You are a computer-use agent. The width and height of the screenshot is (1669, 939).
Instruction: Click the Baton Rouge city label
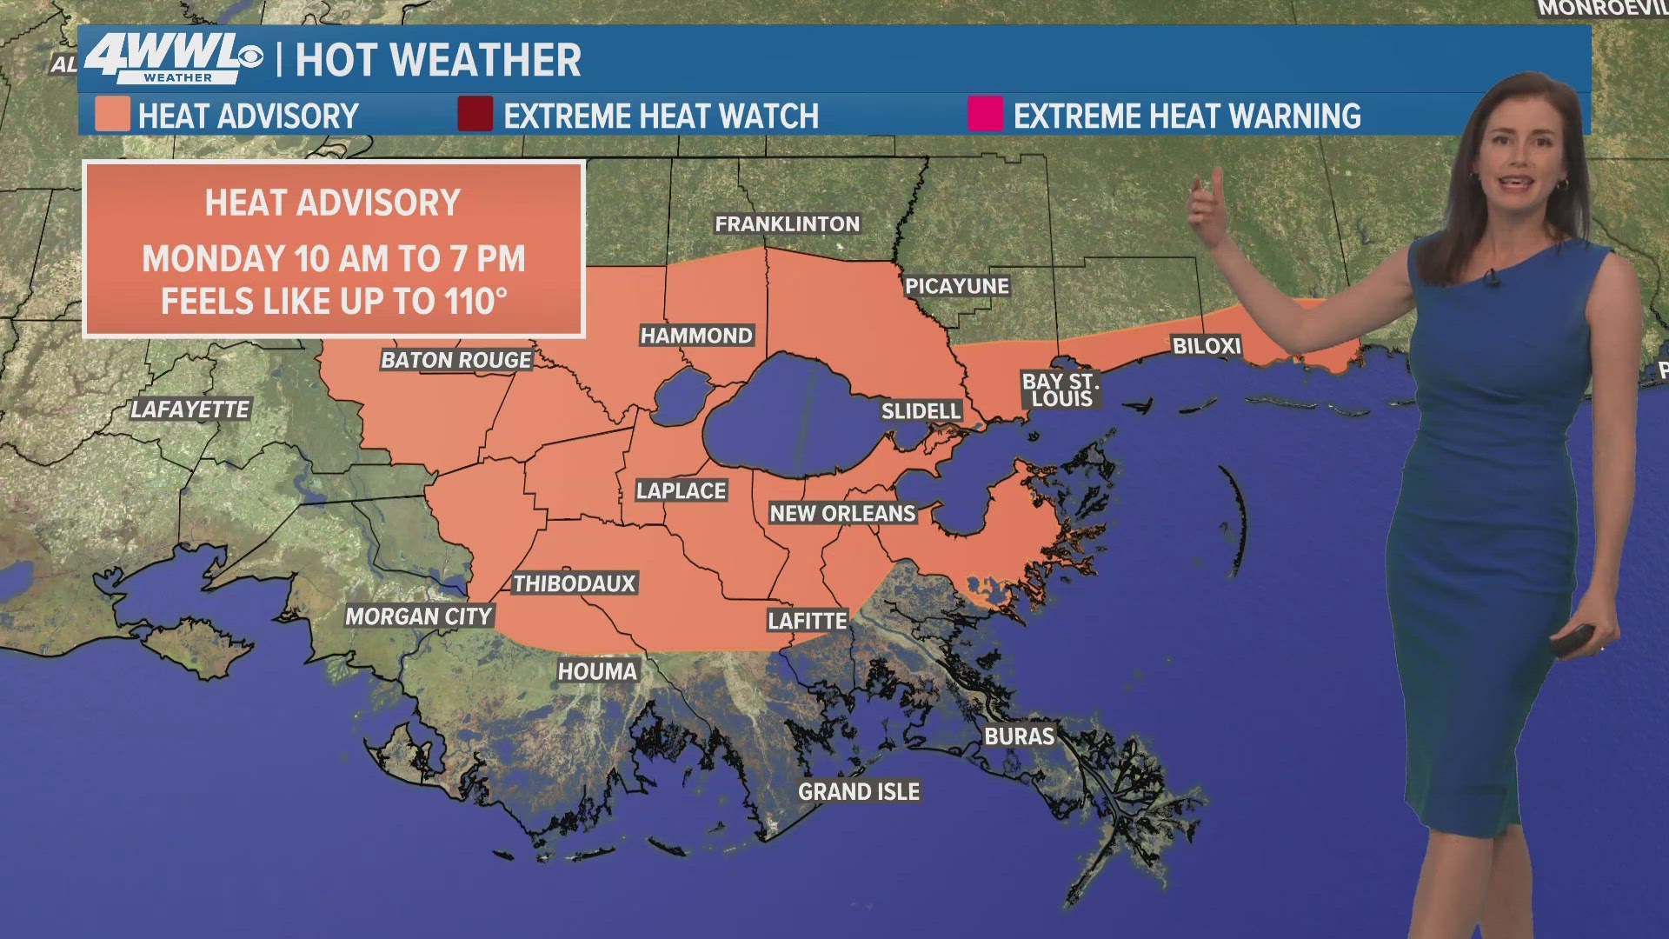pyautogui.click(x=456, y=360)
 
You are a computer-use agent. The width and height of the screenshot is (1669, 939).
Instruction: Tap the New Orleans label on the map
pyautogui.click(x=842, y=514)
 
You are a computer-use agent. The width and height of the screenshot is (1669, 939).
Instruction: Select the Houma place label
pyautogui.click(x=597, y=671)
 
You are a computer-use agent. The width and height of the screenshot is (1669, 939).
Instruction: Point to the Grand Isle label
pyautogui.click(x=859, y=792)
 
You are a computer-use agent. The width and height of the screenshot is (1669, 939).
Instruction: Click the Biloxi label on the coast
pyautogui.click(x=1206, y=346)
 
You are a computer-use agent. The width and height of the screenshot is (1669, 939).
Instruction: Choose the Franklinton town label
pyautogui.click(x=787, y=224)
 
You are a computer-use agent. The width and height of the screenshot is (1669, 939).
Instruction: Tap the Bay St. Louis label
pyautogui.click(x=1061, y=390)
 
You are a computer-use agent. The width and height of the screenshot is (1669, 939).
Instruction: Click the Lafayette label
pyautogui.click(x=190, y=410)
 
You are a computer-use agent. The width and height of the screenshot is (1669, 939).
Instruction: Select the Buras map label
pyautogui.click(x=1019, y=736)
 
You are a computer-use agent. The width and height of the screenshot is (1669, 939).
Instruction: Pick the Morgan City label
pyautogui.click(x=419, y=616)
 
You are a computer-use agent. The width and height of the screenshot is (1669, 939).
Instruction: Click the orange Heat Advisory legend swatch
pyautogui.click(x=112, y=115)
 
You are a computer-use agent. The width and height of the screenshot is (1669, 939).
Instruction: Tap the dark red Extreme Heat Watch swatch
pyautogui.click(x=475, y=115)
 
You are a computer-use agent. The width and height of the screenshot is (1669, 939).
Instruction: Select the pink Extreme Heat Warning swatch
pyautogui.click(x=985, y=115)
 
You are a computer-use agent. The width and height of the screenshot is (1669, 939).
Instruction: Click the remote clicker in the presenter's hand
pyautogui.click(x=1573, y=641)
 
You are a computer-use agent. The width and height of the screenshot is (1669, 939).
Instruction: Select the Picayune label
pyautogui.click(x=956, y=286)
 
